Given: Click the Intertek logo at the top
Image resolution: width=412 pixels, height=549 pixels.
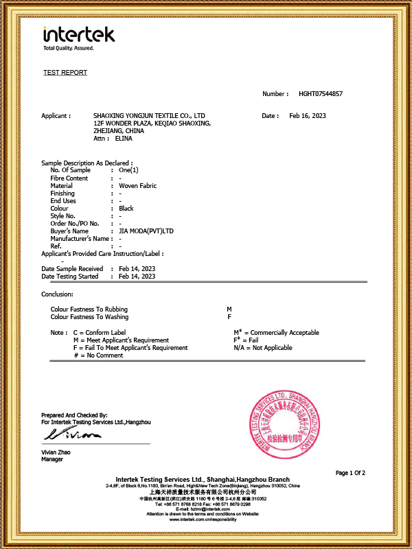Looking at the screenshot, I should [78, 36].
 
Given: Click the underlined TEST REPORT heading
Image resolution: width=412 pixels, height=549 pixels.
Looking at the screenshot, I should [65, 73].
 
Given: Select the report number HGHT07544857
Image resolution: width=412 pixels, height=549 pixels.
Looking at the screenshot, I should [321, 93].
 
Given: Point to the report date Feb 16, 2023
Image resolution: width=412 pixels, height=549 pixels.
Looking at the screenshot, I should [308, 115].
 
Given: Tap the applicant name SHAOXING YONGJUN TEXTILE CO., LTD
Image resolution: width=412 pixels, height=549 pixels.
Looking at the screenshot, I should [149, 115].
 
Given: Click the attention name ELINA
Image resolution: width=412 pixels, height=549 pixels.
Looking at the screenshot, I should [124, 138].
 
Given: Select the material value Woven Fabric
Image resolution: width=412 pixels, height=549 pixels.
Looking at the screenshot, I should [137, 186].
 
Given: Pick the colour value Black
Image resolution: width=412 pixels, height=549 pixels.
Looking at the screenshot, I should [126, 208].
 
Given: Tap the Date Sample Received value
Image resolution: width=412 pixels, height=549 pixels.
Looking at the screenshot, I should [137, 268].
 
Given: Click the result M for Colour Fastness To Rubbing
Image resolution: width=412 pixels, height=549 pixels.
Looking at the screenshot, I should [229, 309].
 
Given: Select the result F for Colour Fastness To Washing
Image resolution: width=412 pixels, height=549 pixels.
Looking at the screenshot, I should [229, 317].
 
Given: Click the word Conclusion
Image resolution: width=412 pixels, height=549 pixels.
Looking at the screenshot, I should [57, 294].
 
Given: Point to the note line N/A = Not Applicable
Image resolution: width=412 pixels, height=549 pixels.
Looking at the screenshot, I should [263, 348].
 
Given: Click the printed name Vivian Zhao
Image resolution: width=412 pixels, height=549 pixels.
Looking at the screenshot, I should [56, 452].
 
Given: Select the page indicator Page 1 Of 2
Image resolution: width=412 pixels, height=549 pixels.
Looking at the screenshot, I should [350, 473].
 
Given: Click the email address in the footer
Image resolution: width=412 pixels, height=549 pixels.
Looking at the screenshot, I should [206, 509].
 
